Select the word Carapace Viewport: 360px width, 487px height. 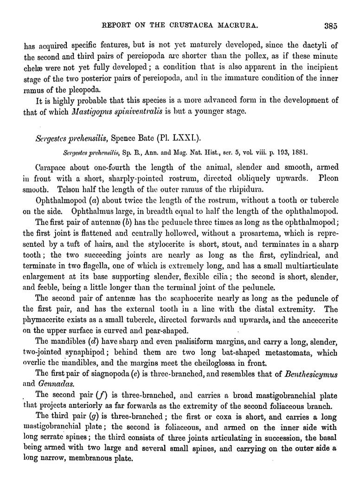pos(52,167)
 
